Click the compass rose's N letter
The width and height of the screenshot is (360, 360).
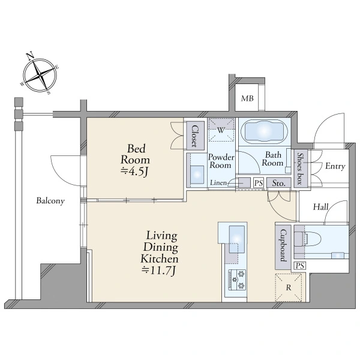click(x=30, y=56)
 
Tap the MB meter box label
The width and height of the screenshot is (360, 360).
click(x=247, y=98)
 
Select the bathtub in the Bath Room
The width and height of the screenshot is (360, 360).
click(x=264, y=132)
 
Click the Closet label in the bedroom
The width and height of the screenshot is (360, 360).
click(x=195, y=136)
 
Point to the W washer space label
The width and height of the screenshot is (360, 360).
click(x=221, y=130)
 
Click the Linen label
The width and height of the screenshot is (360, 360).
click(x=218, y=183)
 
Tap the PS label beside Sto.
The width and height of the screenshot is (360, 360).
click(x=259, y=183)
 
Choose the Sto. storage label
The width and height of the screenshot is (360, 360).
click(x=279, y=183)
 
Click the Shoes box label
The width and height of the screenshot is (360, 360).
click(x=299, y=169)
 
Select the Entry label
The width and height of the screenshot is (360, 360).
click(x=335, y=166)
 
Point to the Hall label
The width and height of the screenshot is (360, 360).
click(x=321, y=207)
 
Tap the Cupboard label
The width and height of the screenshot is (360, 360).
click(x=283, y=245)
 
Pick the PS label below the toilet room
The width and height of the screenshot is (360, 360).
click(x=300, y=266)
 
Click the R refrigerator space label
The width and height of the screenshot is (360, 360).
click(x=289, y=287)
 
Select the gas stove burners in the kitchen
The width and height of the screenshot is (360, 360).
click(x=237, y=280)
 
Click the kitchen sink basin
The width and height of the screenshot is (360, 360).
click(x=236, y=239)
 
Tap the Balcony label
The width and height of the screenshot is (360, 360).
click(x=50, y=201)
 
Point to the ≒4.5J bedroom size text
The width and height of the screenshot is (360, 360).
click(x=134, y=172)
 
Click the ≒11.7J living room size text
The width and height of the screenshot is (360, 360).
click(x=159, y=271)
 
